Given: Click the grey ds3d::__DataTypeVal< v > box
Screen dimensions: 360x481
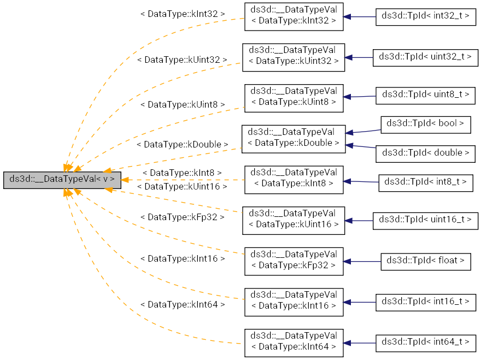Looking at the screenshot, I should pyautogui.click(x=62, y=179).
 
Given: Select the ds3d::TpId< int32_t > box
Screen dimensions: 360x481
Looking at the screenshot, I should pyautogui.click(x=426, y=16).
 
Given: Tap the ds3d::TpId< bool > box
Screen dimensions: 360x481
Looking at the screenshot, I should pyautogui.click(x=425, y=124).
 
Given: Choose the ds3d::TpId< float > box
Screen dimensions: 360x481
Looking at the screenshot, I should pyautogui.click(x=425, y=261).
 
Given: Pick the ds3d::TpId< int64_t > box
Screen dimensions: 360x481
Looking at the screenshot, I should pyautogui.click(x=426, y=343).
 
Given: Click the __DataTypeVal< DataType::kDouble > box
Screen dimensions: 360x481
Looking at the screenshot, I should pyautogui.click(x=294, y=139).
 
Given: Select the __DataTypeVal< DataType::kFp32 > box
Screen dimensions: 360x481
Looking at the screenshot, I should pyautogui.click(x=294, y=261).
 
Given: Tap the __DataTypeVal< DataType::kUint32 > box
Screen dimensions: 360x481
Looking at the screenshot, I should pyautogui.click(x=294, y=57).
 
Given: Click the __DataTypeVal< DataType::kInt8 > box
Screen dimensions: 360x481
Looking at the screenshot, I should pyautogui.click(x=294, y=180).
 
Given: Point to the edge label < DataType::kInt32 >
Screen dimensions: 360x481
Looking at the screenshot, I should pyautogui.click(x=183, y=13).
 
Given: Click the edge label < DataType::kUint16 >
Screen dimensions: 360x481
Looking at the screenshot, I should pyautogui.click(x=182, y=187).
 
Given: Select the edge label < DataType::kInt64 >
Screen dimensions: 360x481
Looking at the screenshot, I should pyautogui.click(x=183, y=304).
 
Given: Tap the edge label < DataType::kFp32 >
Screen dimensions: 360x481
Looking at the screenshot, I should pyautogui.click(x=182, y=217).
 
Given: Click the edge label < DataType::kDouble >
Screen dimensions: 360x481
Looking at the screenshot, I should pyautogui.click(x=182, y=145).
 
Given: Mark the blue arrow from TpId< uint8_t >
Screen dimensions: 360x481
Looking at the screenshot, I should pyautogui.click(x=360, y=97).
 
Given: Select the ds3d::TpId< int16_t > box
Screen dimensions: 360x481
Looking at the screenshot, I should pyautogui.click(x=426, y=302).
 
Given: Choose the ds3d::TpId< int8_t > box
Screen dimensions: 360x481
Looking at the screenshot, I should pyautogui.click(x=425, y=181).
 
